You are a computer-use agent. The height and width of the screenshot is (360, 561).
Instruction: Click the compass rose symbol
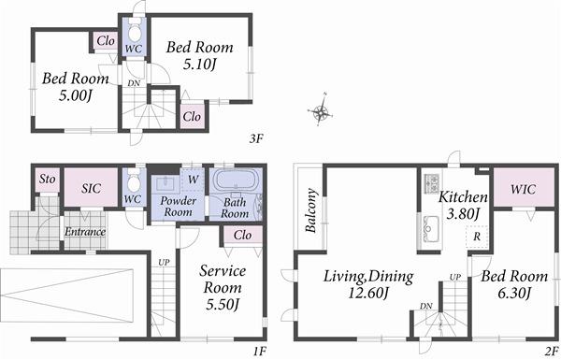(x=322, y=113)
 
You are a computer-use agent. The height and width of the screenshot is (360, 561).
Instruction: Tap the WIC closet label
(x=523, y=189)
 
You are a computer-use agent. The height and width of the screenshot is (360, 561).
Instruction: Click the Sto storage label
(x=45, y=180)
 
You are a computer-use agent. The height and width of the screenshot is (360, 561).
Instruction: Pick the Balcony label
(x=310, y=208)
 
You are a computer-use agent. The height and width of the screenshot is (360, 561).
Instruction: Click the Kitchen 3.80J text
(x=463, y=205)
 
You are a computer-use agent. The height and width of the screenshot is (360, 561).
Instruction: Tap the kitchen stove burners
(x=431, y=183)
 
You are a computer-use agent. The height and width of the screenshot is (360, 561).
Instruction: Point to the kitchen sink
(x=431, y=225)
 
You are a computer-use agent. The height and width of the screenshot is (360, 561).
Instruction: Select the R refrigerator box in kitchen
(x=476, y=237)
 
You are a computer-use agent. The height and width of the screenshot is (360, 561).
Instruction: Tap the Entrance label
(x=85, y=231)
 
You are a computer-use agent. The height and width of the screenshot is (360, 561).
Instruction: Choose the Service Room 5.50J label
(x=222, y=287)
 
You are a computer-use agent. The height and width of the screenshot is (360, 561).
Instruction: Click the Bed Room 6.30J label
(x=510, y=285)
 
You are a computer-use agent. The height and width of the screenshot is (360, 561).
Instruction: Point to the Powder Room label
(x=177, y=206)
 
